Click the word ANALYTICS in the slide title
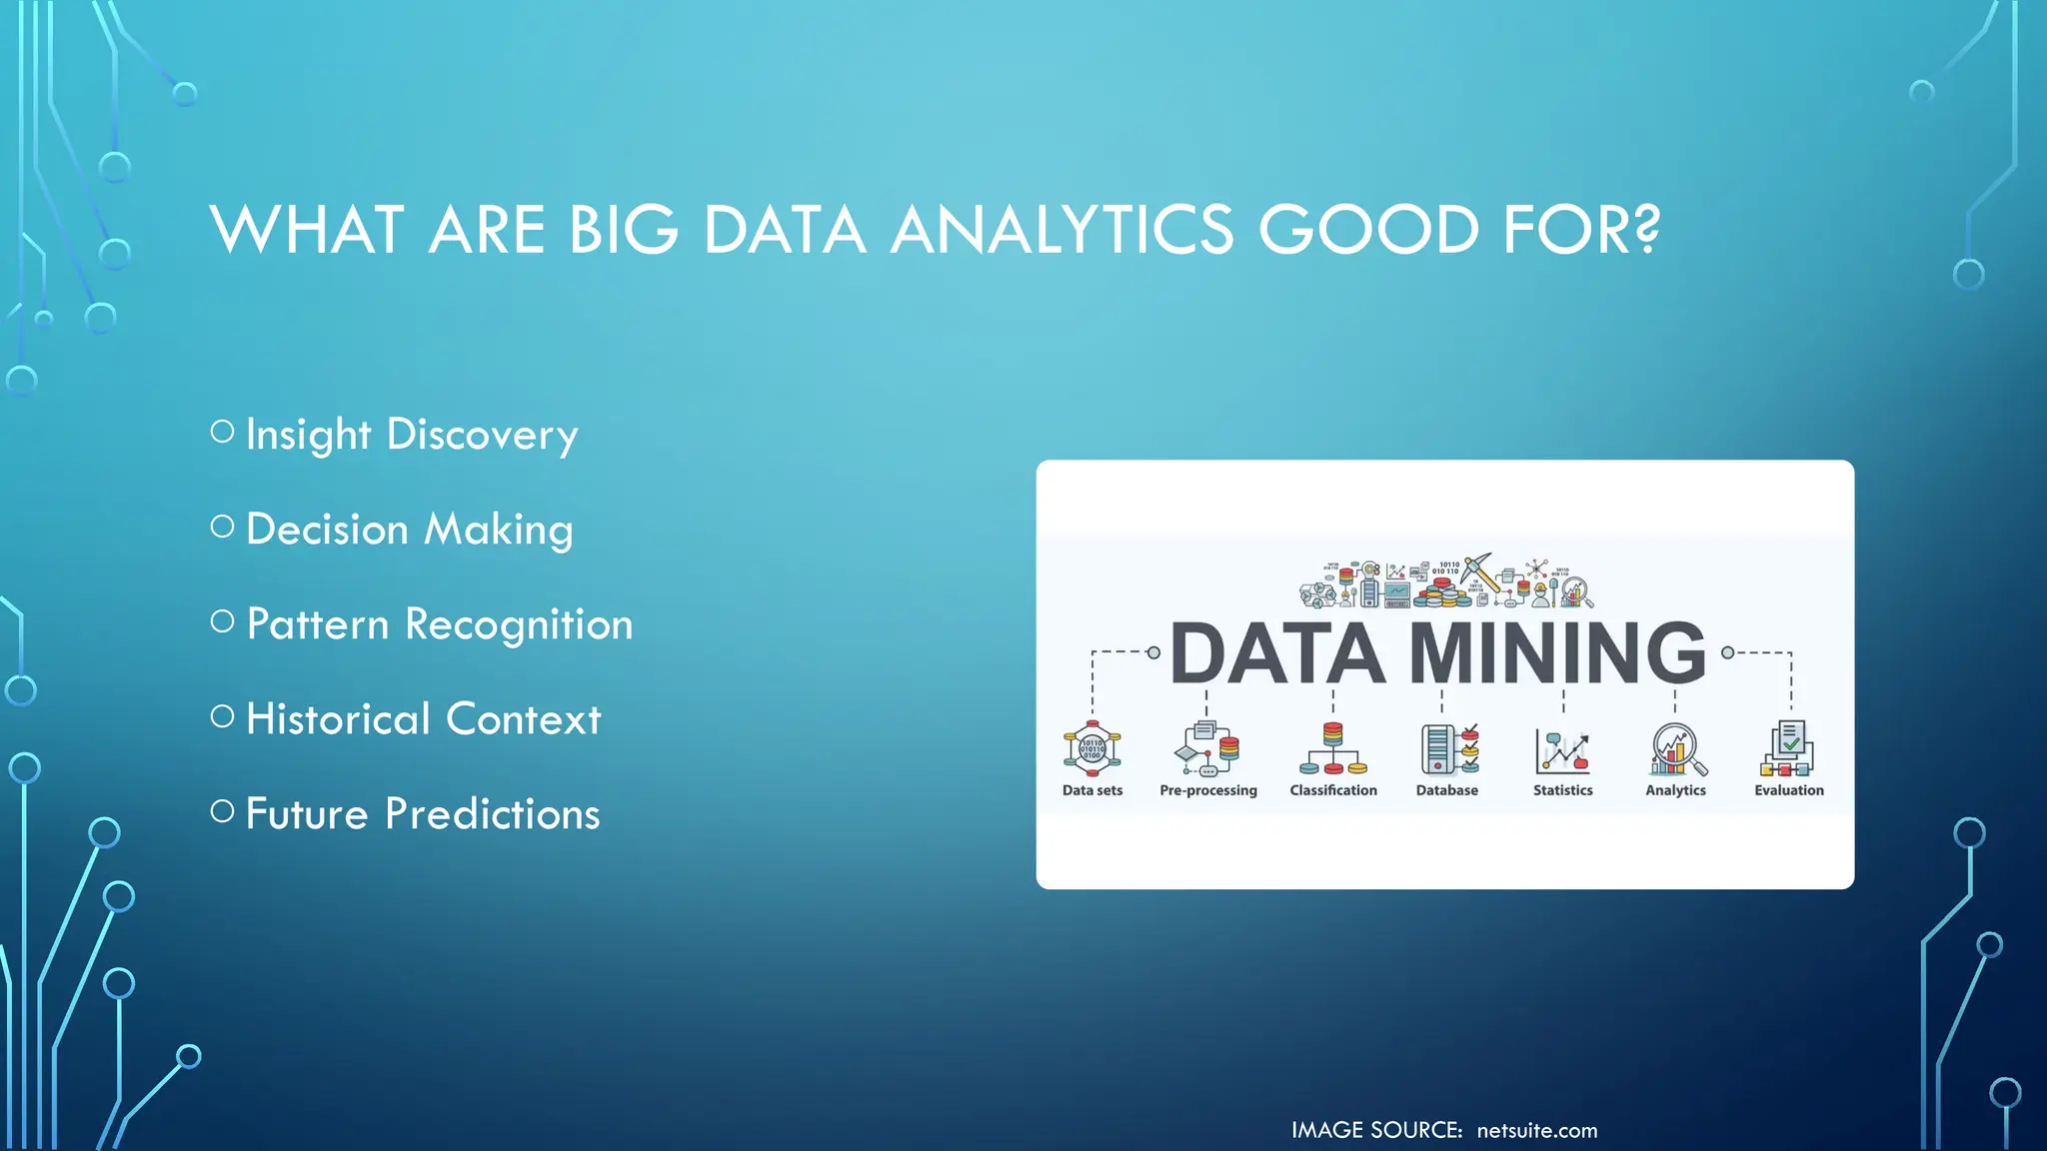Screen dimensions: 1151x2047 click(x=1061, y=230)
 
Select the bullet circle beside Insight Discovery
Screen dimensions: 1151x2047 click(x=222, y=432)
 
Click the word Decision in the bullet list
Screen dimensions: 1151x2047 click(x=327, y=530)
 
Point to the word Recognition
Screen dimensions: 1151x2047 click(x=519, y=625)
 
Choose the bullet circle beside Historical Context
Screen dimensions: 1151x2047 click(x=222, y=716)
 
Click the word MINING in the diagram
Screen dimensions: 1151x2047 click(x=1556, y=653)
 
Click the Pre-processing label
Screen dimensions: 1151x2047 click(x=1207, y=790)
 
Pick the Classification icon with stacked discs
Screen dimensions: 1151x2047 click(x=1332, y=749)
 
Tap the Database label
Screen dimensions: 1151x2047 click(x=1446, y=790)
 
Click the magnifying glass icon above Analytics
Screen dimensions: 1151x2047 click(x=1677, y=749)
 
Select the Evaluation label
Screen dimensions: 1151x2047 click(x=1788, y=790)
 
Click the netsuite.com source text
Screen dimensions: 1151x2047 click(x=1536, y=1131)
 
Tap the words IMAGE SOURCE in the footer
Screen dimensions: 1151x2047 click(x=1375, y=1131)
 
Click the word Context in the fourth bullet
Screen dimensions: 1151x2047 click(x=523, y=719)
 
